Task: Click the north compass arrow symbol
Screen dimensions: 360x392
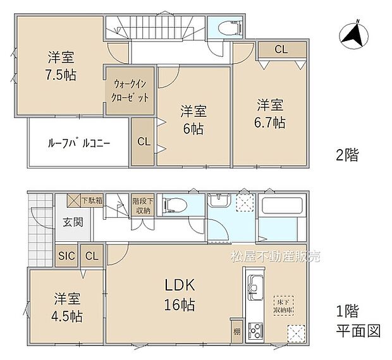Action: (352, 35)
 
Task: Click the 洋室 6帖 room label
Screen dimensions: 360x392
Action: (194, 119)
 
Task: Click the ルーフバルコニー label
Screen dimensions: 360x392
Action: (79, 143)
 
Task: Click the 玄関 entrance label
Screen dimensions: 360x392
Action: (71, 222)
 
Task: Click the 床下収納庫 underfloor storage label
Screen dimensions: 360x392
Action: (281, 305)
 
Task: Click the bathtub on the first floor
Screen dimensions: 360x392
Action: (282, 207)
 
